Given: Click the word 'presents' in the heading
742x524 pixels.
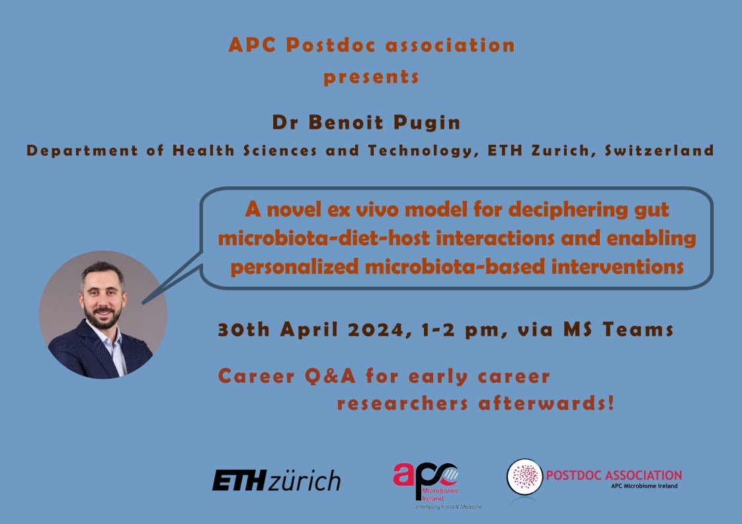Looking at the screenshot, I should click(x=371, y=77).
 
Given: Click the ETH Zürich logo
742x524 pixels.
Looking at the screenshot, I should click(x=276, y=480).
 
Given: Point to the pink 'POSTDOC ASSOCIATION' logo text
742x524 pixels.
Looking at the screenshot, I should click(x=614, y=475).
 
